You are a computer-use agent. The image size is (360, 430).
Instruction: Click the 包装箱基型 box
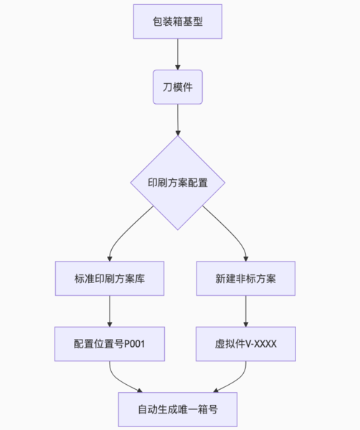pos(177,21)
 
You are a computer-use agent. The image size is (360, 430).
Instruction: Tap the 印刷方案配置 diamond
pos(177,183)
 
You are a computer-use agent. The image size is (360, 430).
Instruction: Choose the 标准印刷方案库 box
pos(109,278)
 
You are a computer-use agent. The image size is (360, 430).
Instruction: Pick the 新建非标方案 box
pos(245,278)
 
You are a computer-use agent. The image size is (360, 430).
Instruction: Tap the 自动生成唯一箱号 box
pos(177,411)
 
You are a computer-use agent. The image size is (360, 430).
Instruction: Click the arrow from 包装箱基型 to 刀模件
pos(177,54)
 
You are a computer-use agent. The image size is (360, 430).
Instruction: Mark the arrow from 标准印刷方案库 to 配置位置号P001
pos(109,311)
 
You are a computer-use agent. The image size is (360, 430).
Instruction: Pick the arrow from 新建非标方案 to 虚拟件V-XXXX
pos(245,311)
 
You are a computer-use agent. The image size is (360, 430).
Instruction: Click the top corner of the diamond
pos(177,138)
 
